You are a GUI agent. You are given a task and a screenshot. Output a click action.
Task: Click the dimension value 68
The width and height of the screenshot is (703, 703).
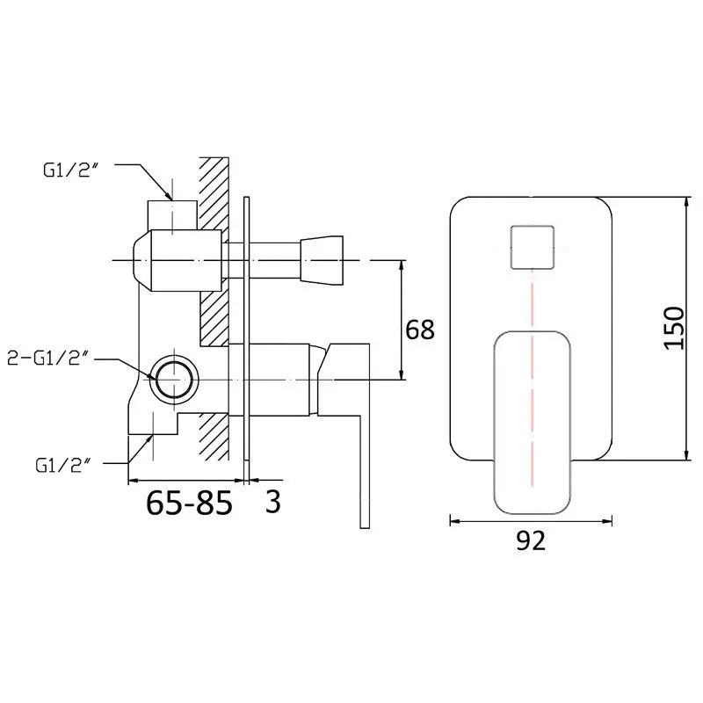[420, 330]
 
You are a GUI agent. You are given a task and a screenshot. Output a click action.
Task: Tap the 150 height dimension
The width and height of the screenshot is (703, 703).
[674, 328]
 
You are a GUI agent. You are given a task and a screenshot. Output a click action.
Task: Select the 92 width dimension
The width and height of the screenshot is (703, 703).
[531, 540]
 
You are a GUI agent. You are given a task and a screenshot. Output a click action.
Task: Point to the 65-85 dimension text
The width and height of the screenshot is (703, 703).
[189, 502]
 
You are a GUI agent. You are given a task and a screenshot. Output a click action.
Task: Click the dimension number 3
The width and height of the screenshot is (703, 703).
[272, 501]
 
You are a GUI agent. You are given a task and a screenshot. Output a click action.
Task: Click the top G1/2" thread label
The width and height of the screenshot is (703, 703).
[70, 170]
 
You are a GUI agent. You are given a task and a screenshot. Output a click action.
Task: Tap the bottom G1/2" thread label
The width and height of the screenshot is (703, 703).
[63, 466]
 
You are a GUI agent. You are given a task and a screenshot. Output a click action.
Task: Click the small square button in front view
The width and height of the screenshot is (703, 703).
[533, 248]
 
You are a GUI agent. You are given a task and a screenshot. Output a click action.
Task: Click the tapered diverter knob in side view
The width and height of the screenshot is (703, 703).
[322, 260]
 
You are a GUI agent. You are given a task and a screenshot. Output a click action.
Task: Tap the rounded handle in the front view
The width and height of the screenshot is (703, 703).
[532, 423]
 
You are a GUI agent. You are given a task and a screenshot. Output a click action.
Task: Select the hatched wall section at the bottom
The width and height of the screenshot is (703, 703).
[214, 436]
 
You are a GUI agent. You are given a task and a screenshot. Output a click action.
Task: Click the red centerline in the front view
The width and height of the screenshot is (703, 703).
[533, 378]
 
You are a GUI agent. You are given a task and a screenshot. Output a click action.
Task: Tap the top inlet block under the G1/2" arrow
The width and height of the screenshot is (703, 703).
[172, 215]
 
